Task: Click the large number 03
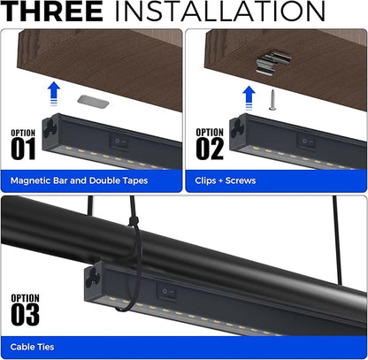pos(26,314)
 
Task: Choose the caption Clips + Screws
pos(226,180)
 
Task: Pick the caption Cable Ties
pos(32,348)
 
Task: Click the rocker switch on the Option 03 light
pos(166,288)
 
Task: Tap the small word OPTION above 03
pos(23,297)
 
